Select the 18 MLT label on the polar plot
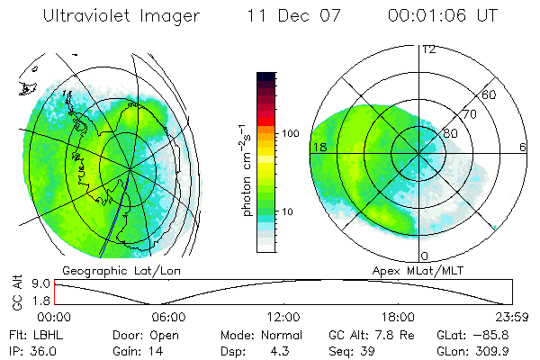tap(318, 146)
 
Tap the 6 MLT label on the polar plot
tap(523, 146)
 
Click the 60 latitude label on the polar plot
tap(490, 94)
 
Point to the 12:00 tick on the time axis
tap(283, 317)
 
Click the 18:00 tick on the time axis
tap(397, 317)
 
